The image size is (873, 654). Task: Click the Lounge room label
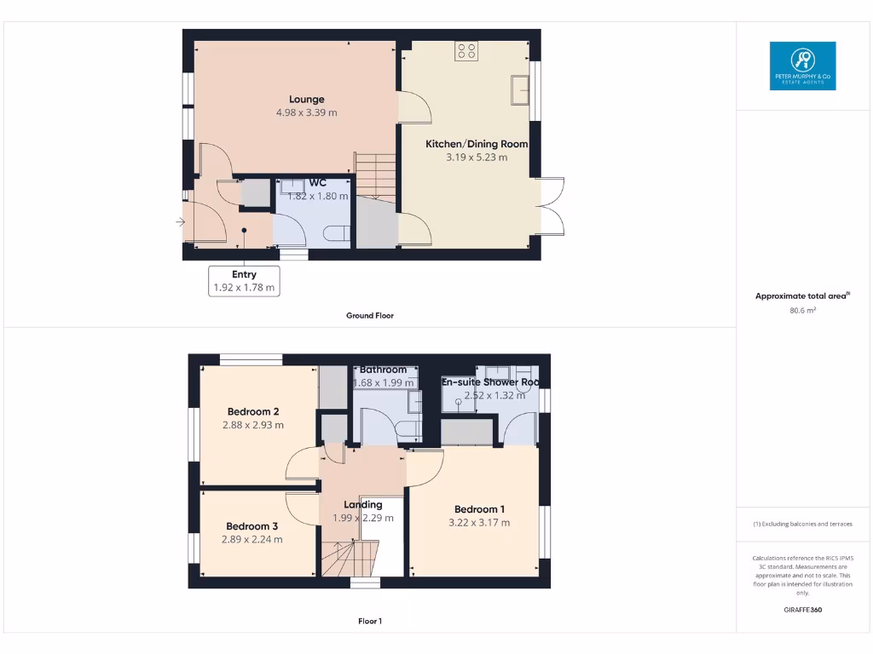click(x=306, y=100)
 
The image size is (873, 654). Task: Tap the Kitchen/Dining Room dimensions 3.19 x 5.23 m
click(x=477, y=158)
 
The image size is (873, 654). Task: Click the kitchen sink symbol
click(x=520, y=89)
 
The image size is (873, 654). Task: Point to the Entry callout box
click(x=244, y=281)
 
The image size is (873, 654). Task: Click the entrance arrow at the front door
click(x=180, y=222)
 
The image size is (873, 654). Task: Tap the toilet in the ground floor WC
click(x=338, y=232)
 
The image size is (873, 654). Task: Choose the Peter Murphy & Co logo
click(x=802, y=66)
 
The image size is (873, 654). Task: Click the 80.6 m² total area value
click(x=802, y=311)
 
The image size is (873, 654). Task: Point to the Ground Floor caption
click(x=370, y=316)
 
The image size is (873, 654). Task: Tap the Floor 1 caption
click(x=370, y=622)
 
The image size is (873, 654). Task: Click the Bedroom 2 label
click(x=253, y=412)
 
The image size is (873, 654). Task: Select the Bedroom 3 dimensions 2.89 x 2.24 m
click(x=252, y=539)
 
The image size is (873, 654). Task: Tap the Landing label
click(x=363, y=504)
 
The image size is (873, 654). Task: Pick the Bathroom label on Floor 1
click(x=383, y=370)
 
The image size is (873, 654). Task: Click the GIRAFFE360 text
click(x=802, y=610)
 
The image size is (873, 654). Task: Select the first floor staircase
click(x=350, y=559)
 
